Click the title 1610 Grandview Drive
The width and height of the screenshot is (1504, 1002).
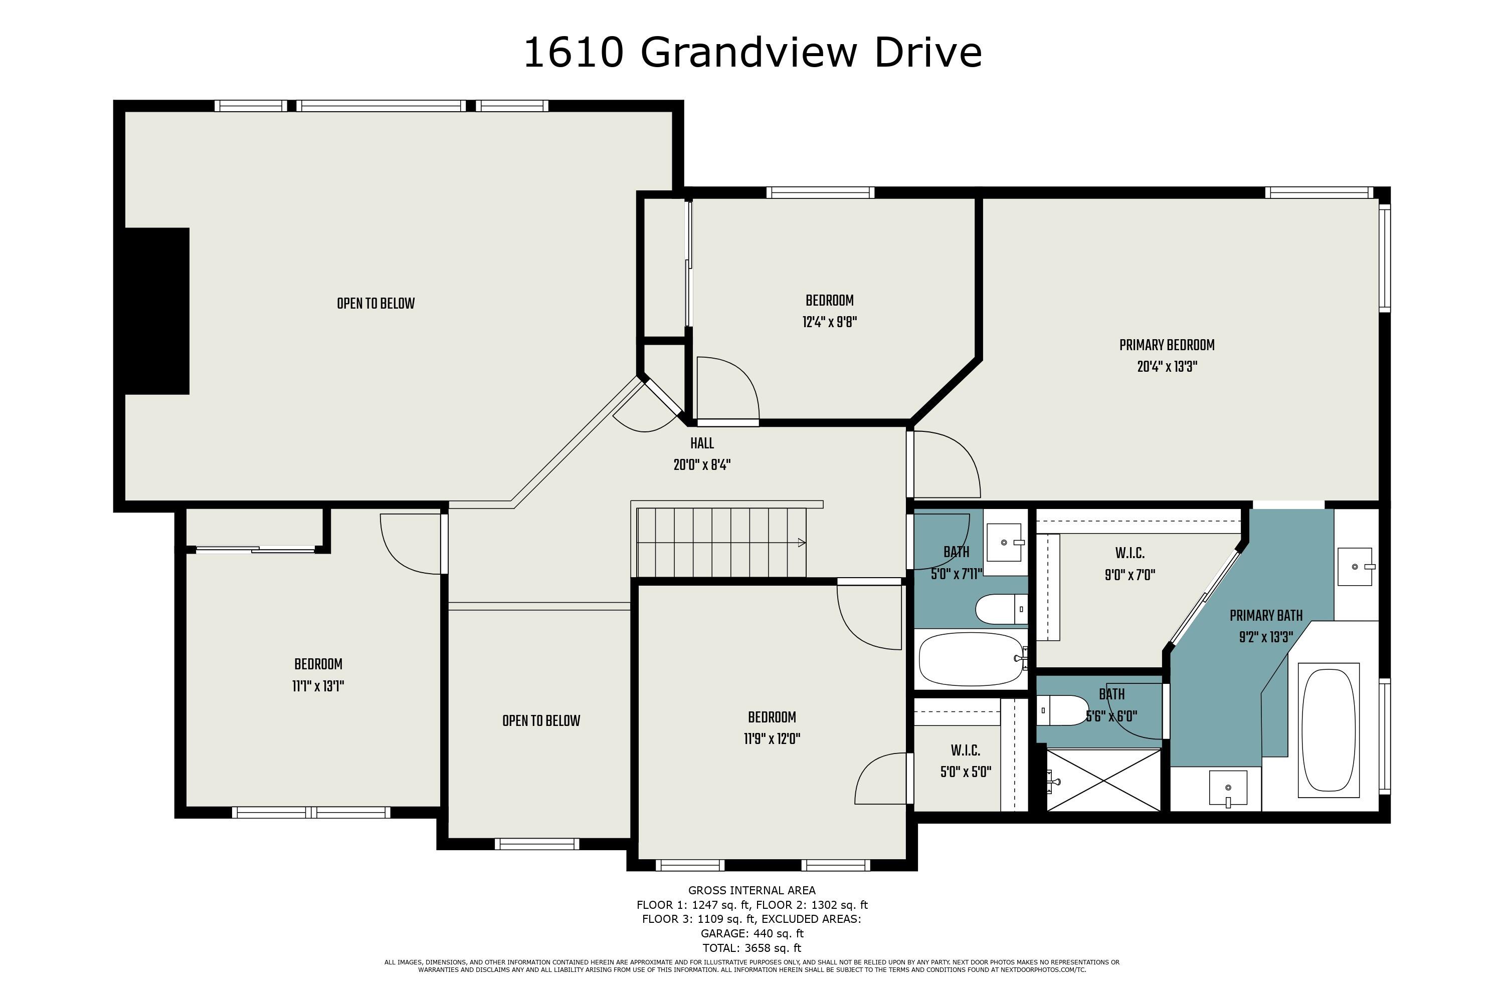click(x=752, y=53)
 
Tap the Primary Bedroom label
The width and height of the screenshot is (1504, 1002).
click(x=1167, y=345)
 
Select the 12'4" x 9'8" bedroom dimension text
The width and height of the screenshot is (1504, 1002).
click(x=829, y=322)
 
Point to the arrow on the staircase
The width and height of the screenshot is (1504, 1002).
click(x=801, y=543)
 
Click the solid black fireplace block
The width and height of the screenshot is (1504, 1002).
click(x=156, y=311)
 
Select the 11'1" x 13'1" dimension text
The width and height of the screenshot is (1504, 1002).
click(x=318, y=686)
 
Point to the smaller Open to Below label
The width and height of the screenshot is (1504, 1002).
click(x=541, y=721)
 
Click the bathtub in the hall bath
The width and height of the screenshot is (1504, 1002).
click(x=969, y=658)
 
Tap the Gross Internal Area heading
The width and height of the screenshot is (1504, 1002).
click(x=751, y=890)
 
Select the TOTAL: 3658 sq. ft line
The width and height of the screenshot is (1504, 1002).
click(x=751, y=948)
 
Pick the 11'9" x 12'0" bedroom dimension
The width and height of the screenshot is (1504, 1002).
click(x=772, y=739)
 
